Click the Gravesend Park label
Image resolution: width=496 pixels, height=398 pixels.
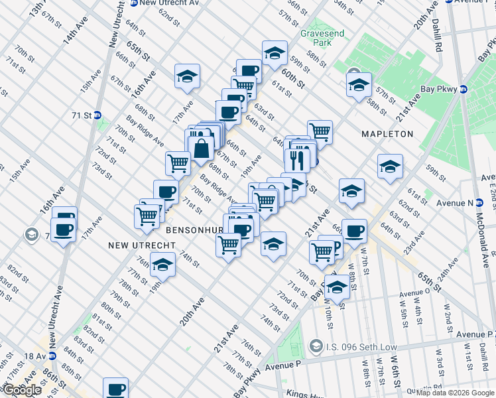(315, 38)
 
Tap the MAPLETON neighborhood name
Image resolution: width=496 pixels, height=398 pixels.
(387, 134)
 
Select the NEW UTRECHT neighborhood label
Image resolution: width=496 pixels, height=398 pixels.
(142, 245)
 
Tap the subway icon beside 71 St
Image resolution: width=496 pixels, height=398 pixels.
(97, 115)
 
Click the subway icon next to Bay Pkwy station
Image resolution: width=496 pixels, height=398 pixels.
(464, 89)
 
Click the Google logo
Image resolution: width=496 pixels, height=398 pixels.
(22, 390)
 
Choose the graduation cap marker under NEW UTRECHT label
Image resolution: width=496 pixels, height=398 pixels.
(160, 265)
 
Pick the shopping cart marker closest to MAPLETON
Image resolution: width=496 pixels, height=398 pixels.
(320, 131)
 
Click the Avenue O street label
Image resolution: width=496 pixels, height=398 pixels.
(416, 291)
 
